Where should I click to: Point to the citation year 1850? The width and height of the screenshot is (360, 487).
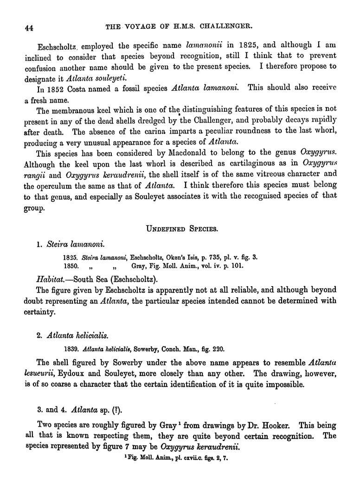[x=71, y=266]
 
